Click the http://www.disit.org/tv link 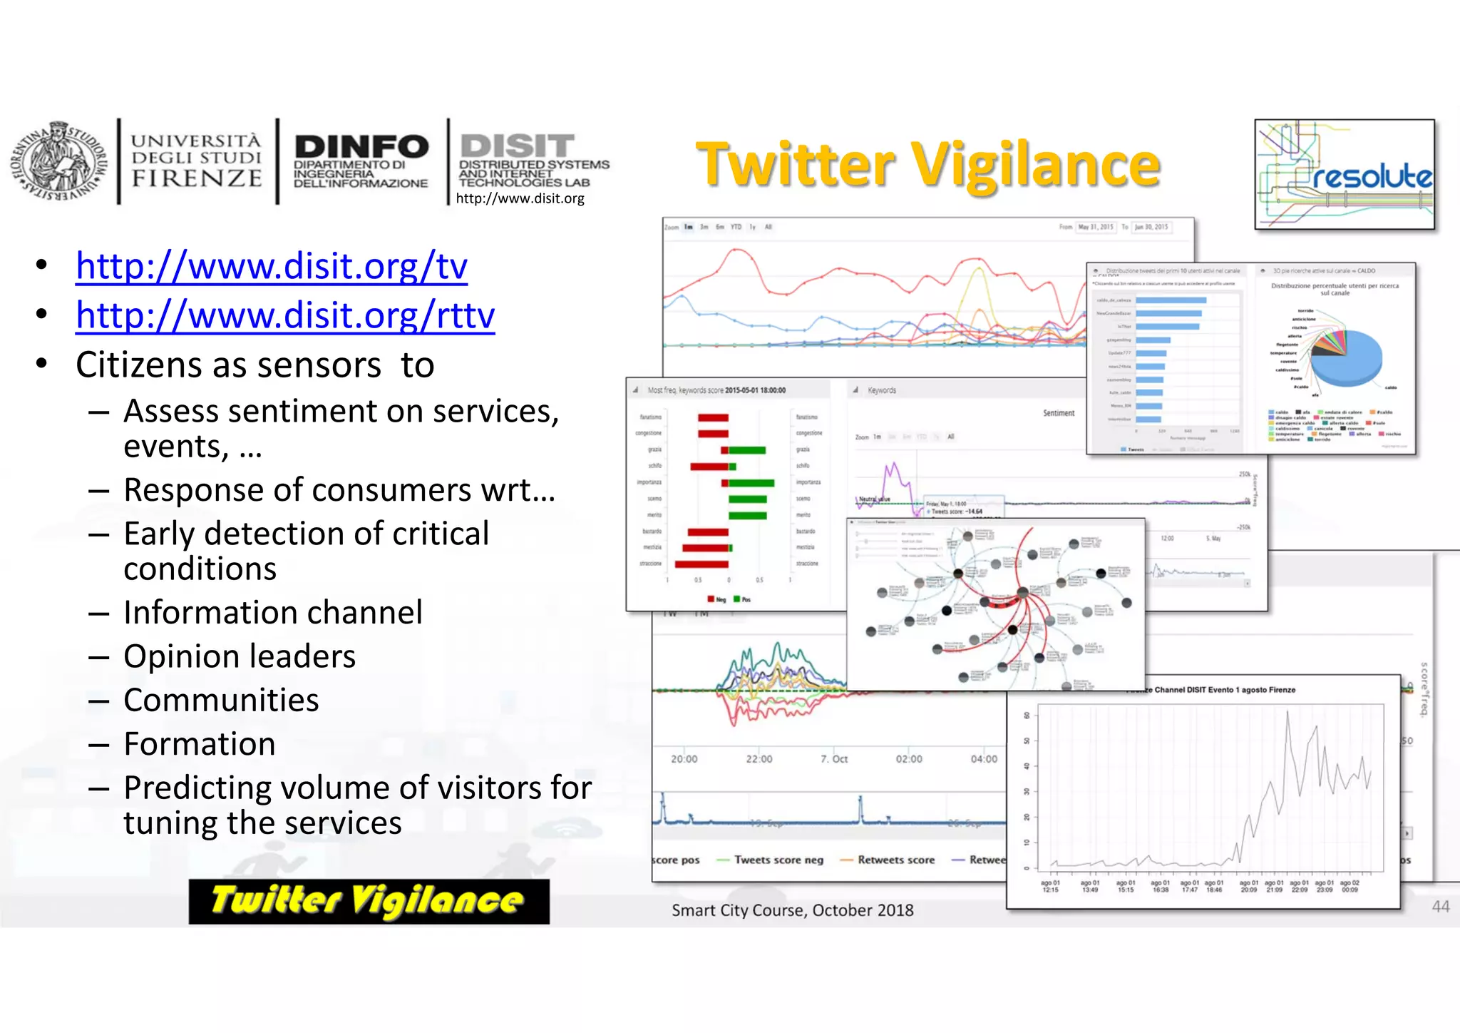coord(272,266)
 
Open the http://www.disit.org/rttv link coord(285,315)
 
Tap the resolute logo coord(1345,175)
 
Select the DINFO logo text coord(361,148)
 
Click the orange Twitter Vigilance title coord(928,166)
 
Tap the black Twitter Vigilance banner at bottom coord(369,901)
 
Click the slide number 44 coord(1441,907)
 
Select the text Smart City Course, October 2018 coord(792,910)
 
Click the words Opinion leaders coord(240,656)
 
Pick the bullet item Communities coord(221,701)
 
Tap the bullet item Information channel coord(273,613)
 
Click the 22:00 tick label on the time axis coord(759,759)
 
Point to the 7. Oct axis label coord(834,759)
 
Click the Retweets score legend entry coord(895,860)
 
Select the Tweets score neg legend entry coord(778,860)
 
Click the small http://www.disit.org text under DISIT coord(520,198)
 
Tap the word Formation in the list coord(200,744)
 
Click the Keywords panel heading coord(881,390)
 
